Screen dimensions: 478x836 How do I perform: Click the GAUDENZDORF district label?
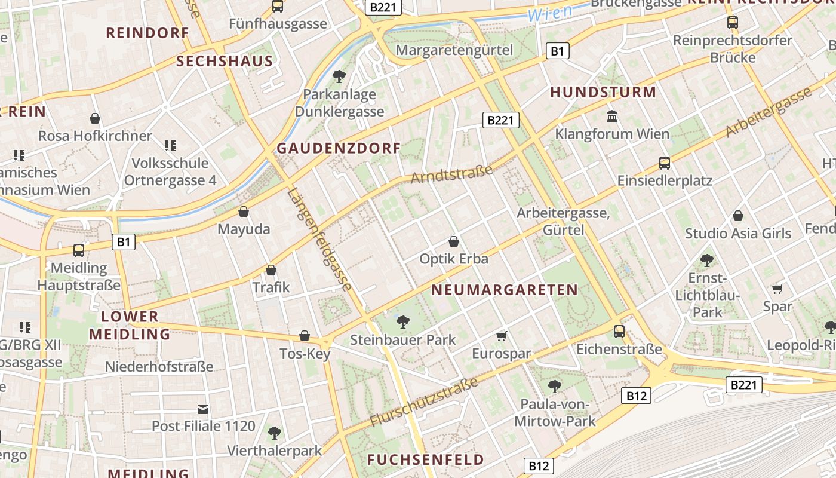[339, 149]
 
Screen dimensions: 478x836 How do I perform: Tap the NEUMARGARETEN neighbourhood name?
[505, 290]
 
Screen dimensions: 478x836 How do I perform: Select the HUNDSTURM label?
[603, 93]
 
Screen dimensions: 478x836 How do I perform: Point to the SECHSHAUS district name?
[225, 61]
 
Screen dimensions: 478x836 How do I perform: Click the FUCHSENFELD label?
[425, 459]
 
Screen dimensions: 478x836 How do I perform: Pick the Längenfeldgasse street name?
[319, 240]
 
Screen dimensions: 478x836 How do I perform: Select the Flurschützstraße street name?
[424, 402]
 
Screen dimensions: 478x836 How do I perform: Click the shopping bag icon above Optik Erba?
[454, 241]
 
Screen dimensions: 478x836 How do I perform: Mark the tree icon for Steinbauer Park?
[403, 322]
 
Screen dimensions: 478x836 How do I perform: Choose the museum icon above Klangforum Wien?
[612, 116]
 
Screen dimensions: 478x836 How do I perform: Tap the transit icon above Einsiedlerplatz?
[664, 163]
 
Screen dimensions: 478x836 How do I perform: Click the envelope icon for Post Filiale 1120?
[204, 409]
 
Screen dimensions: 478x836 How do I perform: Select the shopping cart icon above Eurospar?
[502, 336]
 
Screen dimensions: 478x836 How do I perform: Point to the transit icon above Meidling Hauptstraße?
[79, 250]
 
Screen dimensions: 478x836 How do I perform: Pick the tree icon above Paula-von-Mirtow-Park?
[555, 386]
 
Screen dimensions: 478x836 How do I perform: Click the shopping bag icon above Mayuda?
[244, 212]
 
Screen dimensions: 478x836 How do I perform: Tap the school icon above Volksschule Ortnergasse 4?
[170, 145]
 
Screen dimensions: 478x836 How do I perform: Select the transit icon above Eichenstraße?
[619, 331]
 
